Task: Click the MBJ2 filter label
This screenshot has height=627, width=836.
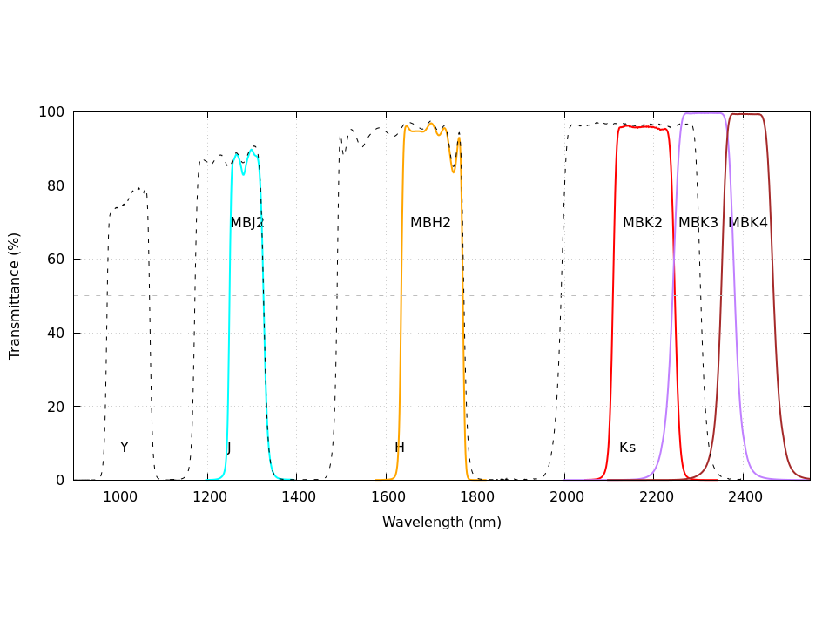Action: pos(246,223)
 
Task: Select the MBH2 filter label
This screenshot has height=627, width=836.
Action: pos(430,223)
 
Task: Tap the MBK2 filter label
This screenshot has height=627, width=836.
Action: pos(643,223)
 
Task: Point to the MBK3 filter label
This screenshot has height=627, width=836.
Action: pos(698,223)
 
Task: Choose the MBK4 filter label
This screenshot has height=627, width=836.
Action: pos(748,223)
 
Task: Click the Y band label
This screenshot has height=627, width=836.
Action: pos(125,448)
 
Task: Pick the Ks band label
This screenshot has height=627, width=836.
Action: pos(627,448)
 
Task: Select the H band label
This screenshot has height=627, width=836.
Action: pos(400,448)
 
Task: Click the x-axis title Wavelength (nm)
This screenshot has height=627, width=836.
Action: pos(442,522)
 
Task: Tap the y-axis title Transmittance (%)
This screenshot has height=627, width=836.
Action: pos(15,296)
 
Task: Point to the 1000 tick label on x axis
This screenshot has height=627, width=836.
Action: pos(118,497)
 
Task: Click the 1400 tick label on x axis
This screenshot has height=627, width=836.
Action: pos(297,497)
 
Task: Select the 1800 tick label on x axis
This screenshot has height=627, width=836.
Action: pos(475,497)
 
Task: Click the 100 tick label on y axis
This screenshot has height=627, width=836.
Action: pos(51,112)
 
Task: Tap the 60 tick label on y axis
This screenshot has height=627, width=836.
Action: pos(55,260)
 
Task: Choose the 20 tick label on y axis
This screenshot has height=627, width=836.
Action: pos(55,407)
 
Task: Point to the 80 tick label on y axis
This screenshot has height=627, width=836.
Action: pos(55,185)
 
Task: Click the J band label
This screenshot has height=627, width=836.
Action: pos(229,448)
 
